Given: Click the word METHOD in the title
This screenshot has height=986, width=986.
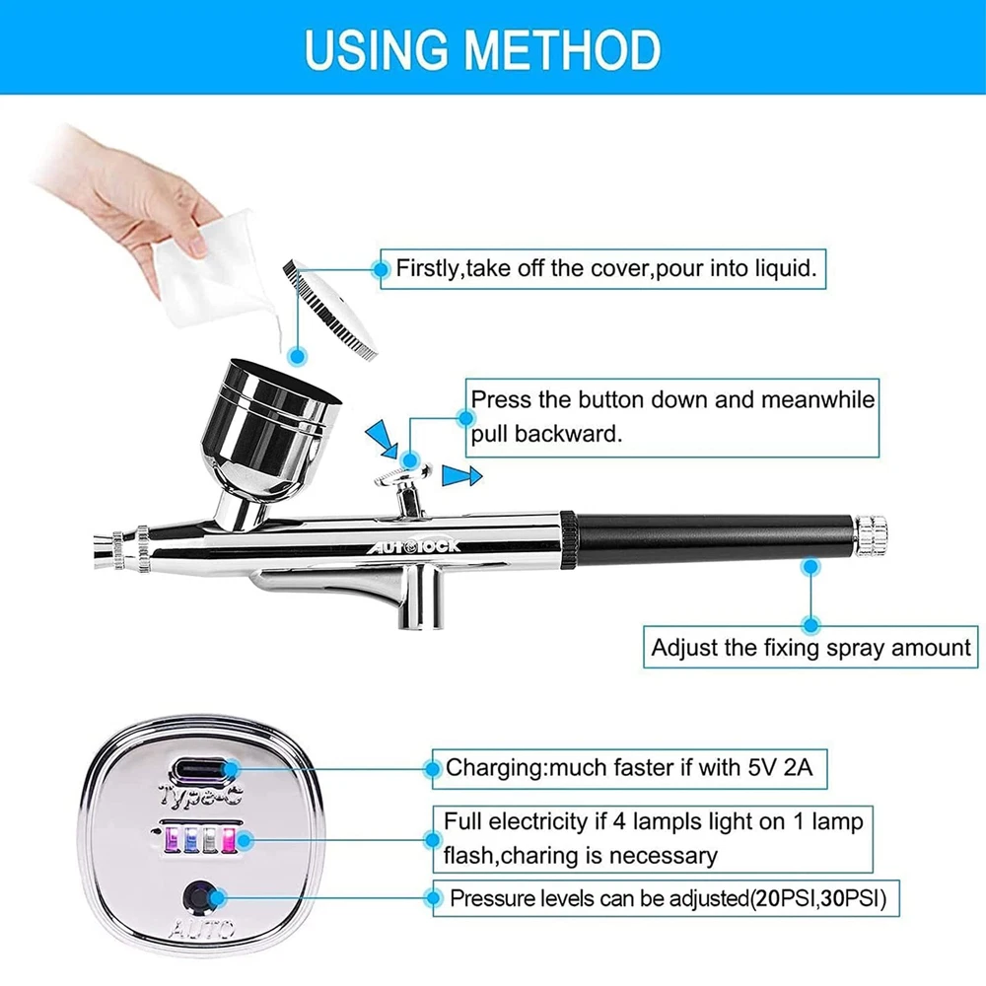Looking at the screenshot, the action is point(563,49).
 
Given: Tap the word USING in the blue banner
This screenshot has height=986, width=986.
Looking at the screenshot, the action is point(377,49).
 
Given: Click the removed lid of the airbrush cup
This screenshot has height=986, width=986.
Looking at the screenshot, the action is point(330,310).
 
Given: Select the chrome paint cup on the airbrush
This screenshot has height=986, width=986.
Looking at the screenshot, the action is point(270,434).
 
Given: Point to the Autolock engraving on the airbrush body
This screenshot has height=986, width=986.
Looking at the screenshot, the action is point(413,546).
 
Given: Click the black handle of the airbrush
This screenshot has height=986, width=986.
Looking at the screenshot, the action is point(714,538).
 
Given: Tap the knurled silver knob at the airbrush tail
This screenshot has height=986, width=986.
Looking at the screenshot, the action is point(871,536).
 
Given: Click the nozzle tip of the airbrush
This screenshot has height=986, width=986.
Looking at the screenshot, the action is point(102,551).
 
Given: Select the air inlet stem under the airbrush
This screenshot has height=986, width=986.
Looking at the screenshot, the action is point(420,598).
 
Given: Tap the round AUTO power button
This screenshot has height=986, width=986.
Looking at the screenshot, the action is point(200,897).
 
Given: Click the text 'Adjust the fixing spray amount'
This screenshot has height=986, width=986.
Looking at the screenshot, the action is point(810,647).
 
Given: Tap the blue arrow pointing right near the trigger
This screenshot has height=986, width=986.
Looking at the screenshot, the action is point(461,475).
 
